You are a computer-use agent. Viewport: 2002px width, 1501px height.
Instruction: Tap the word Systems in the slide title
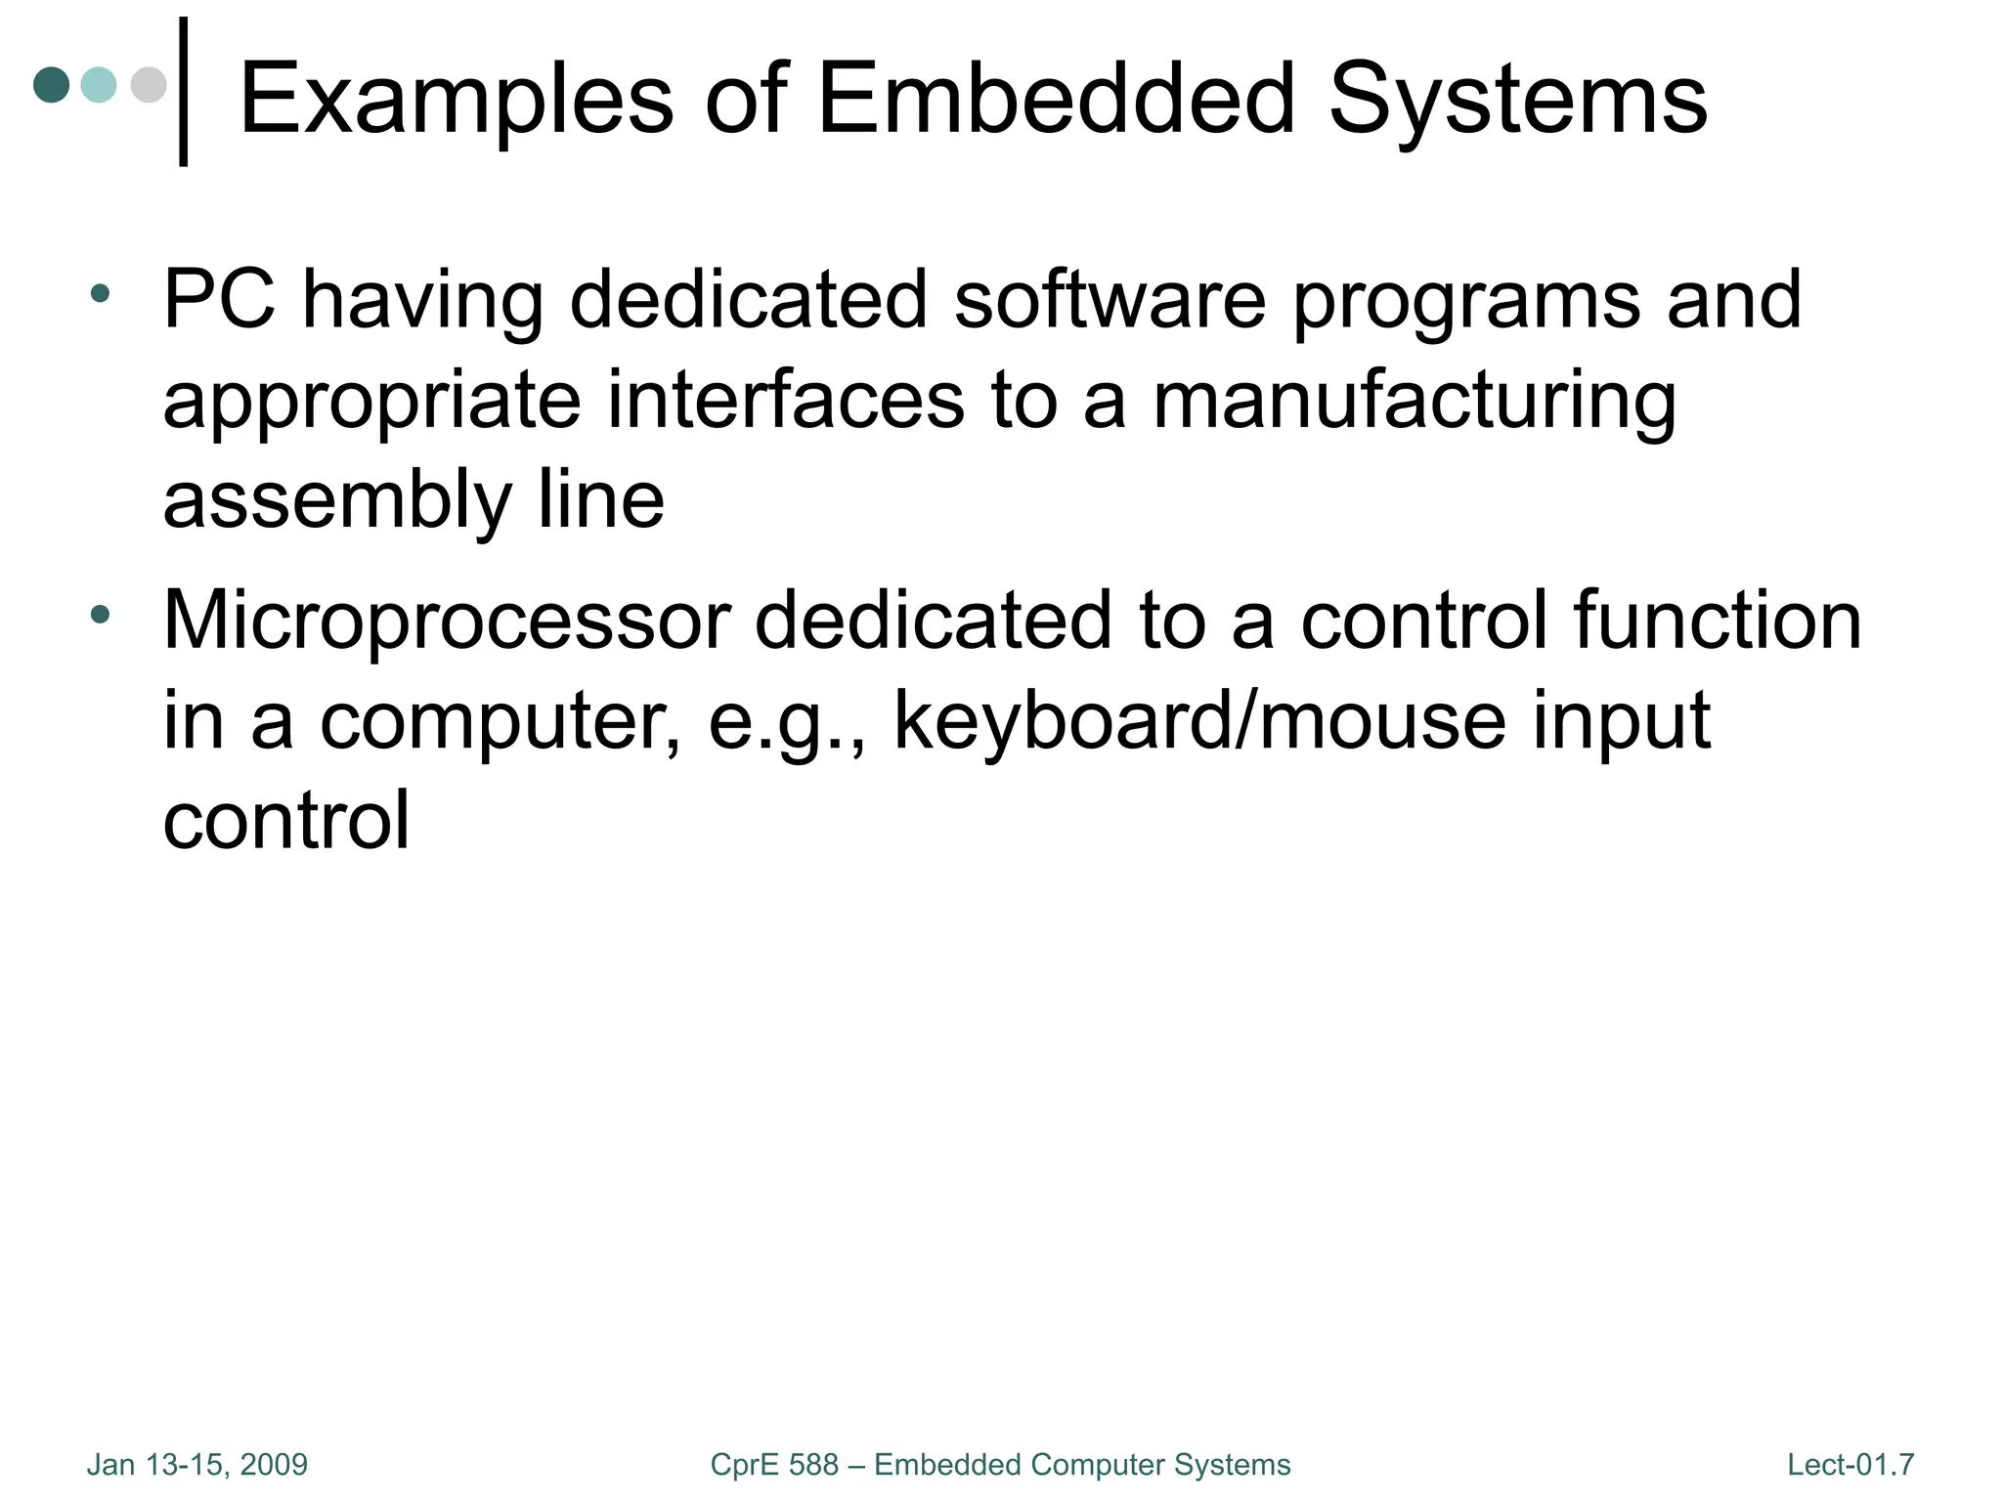(x=1517, y=99)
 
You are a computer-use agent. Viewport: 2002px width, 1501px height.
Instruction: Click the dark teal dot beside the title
(x=52, y=85)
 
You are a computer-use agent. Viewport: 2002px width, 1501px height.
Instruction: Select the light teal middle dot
(x=99, y=85)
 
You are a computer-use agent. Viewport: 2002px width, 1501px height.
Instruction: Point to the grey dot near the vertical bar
(x=148, y=85)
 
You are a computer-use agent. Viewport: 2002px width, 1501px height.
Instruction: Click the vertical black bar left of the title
(x=183, y=92)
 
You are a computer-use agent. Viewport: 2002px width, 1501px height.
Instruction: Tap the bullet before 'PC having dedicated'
(x=100, y=292)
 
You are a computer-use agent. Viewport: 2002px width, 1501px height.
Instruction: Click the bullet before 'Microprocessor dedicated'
(x=100, y=614)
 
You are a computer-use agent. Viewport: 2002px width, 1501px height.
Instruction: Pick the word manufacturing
(x=1414, y=402)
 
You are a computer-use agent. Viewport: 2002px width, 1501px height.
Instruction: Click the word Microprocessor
(x=447, y=622)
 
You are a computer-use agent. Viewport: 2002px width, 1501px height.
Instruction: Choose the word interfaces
(x=786, y=401)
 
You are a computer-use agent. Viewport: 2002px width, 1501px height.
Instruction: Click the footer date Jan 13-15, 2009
(x=196, y=1465)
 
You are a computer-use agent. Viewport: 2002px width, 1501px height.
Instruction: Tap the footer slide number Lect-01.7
(x=1850, y=1465)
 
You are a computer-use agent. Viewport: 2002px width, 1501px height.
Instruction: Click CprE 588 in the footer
(x=774, y=1465)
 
